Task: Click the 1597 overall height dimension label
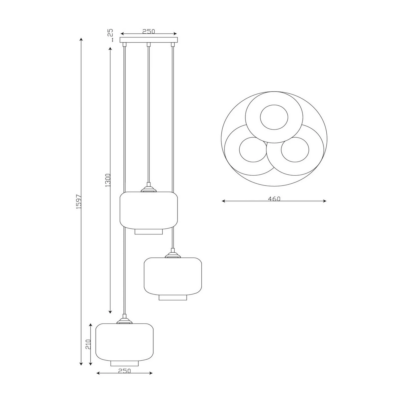pos(79,202)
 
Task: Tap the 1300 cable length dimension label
pos(108,180)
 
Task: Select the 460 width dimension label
pos(274,199)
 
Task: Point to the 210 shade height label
pos(88,344)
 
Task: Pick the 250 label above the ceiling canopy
pos(149,31)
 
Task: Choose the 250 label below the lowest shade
pos(125,371)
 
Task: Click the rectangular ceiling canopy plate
pos(149,40)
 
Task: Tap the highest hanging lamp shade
pos(149,210)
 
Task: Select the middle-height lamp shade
pos(173,276)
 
